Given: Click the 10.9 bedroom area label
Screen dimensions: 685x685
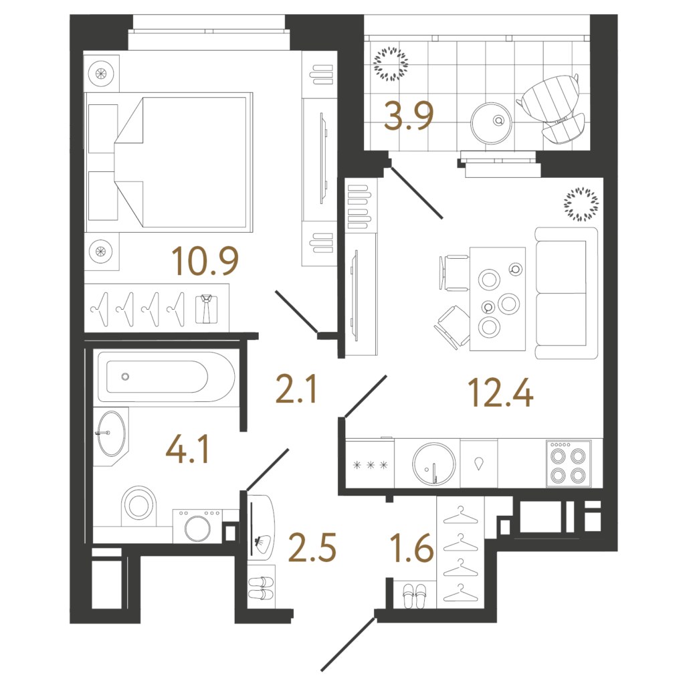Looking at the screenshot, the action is (x=205, y=261).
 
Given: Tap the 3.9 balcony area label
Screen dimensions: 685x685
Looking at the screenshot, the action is (x=409, y=116).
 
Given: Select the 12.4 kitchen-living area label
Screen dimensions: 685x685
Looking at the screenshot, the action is (x=500, y=393).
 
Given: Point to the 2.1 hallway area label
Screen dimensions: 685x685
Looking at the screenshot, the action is (x=296, y=389).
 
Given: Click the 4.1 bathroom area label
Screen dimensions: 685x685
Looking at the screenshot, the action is (x=187, y=449).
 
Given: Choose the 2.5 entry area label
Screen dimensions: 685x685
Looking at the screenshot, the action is (x=312, y=547).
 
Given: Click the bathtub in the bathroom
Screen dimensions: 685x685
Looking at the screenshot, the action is (x=166, y=377).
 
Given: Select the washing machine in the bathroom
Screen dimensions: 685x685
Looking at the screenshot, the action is (x=197, y=526).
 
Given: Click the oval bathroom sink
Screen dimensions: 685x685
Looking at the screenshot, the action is (x=111, y=433).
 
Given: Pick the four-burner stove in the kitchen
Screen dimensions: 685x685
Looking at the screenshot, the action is (x=569, y=464).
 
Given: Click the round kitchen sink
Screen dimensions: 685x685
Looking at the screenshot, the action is (x=433, y=464).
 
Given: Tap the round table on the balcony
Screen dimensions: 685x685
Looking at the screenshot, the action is (x=492, y=123).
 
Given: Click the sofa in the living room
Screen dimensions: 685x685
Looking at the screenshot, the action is (x=567, y=293).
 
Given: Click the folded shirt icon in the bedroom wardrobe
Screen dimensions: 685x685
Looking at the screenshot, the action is (x=206, y=309).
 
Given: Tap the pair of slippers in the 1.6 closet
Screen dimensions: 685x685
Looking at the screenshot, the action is (x=414, y=596).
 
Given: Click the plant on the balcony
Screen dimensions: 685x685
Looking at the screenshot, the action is (x=391, y=64).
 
